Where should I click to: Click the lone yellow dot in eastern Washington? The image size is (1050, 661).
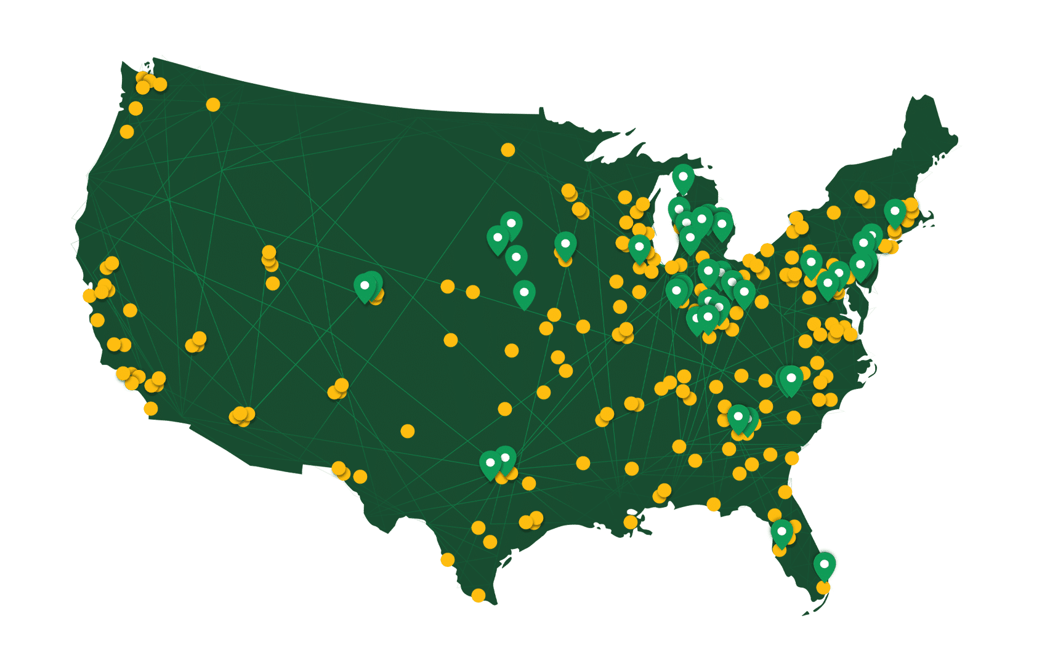coord(213,105)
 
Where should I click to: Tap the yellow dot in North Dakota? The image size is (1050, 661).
coord(508,150)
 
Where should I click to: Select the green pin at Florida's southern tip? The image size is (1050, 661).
coord(825,565)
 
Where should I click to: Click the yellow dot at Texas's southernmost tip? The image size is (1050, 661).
coord(479,595)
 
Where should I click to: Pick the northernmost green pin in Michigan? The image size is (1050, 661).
coord(683,177)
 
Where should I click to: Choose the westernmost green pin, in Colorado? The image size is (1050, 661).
coord(365,287)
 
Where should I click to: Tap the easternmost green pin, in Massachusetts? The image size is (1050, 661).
coord(895,212)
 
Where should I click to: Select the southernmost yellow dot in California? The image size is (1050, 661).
coord(151,409)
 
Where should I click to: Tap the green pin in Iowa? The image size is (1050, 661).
coord(565,244)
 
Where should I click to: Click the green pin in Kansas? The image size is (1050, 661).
coord(524,293)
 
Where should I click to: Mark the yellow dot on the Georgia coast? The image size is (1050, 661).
coord(792,458)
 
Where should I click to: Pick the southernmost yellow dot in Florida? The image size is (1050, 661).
coord(823,587)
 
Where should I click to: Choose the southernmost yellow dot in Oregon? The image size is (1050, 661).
coord(127,132)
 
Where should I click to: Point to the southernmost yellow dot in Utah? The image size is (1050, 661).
coord(273,283)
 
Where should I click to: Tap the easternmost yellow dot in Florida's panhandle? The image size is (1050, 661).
coord(714,505)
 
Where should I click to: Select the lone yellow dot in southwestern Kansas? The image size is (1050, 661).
coord(451,340)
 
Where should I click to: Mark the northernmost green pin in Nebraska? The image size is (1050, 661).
coord(511,224)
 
